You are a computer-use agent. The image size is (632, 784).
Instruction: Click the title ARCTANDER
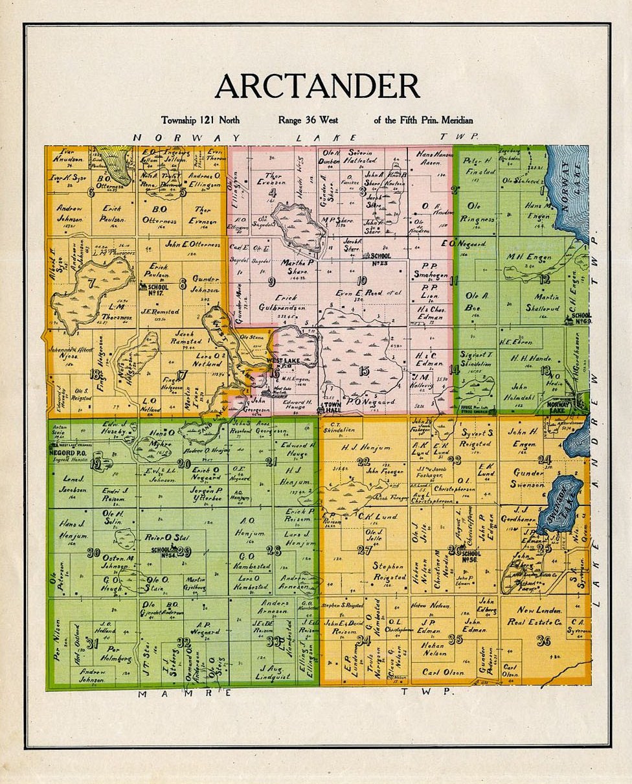pyautogui.click(x=317, y=86)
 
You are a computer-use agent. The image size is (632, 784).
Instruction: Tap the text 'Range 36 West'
pyautogui.click(x=308, y=120)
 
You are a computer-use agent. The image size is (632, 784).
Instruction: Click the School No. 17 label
pyautogui.click(x=158, y=290)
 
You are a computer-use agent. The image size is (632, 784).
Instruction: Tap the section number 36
pyautogui.click(x=543, y=641)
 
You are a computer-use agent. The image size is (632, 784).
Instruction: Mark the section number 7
pyautogui.click(x=91, y=282)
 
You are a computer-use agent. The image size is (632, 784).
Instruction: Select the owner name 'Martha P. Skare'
pyautogui.click(x=297, y=267)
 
